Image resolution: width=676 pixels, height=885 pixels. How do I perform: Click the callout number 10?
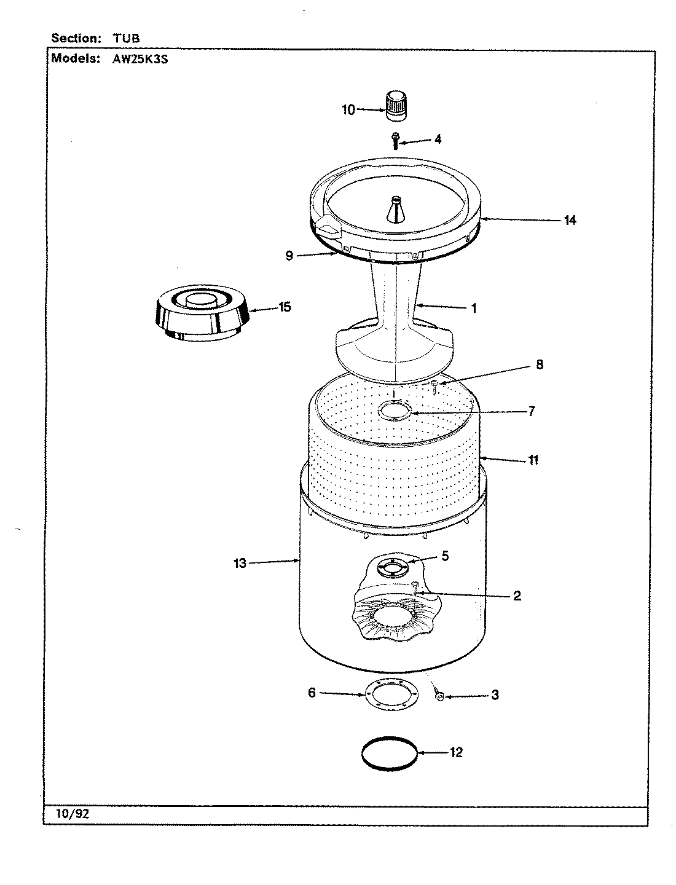tap(348, 110)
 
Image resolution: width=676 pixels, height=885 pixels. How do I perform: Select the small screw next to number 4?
tap(395, 141)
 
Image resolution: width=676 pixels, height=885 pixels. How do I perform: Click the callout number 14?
tap(570, 219)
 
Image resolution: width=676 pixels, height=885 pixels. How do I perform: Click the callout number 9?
tap(289, 256)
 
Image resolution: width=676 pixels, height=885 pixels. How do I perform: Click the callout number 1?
tap(473, 308)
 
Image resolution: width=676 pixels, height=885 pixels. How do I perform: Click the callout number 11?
tap(533, 459)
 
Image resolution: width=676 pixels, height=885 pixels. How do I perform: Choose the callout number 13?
tap(240, 562)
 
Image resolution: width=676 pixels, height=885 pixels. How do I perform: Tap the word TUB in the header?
tap(126, 38)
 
